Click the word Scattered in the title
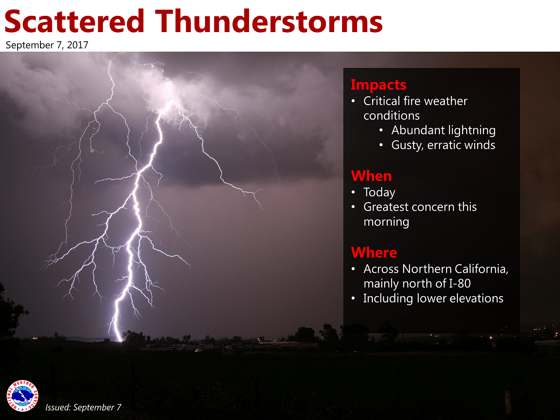click(75, 21)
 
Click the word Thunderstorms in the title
click(269, 21)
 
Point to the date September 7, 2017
click(47, 45)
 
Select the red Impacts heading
click(378, 85)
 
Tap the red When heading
click(371, 176)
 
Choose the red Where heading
click(374, 252)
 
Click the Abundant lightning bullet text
click(443, 130)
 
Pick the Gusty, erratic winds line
click(443, 145)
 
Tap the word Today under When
click(379, 192)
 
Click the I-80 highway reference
click(460, 283)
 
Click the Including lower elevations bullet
click(433, 298)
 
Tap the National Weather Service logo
click(22, 396)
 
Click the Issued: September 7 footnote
click(83, 407)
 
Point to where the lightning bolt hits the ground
click(120, 340)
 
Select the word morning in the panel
click(386, 222)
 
